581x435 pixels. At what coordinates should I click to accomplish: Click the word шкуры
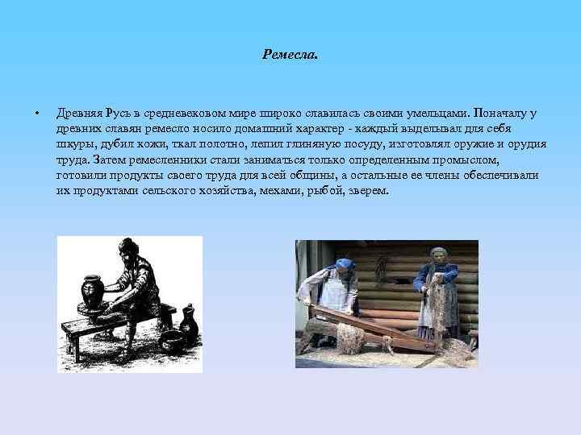[72, 144]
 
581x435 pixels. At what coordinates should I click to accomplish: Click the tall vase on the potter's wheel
[90, 292]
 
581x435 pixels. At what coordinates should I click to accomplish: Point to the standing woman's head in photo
[439, 256]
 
